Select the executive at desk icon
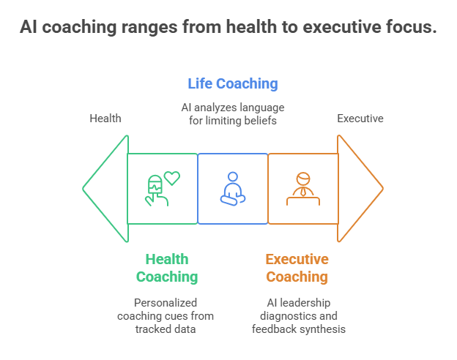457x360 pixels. tap(302, 188)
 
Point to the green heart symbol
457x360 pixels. tap(172, 177)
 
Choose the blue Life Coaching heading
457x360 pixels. tap(233, 83)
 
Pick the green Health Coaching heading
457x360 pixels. tap(167, 268)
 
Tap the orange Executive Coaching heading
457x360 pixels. tap(297, 268)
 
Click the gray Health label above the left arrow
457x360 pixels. tap(105, 119)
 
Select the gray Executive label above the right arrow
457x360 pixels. tap(360, 119)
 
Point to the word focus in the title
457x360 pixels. tap(409, 28)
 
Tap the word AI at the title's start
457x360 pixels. tap(29, 28)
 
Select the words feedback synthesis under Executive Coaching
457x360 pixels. tap(299, 329)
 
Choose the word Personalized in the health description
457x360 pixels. tap(166, 302)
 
